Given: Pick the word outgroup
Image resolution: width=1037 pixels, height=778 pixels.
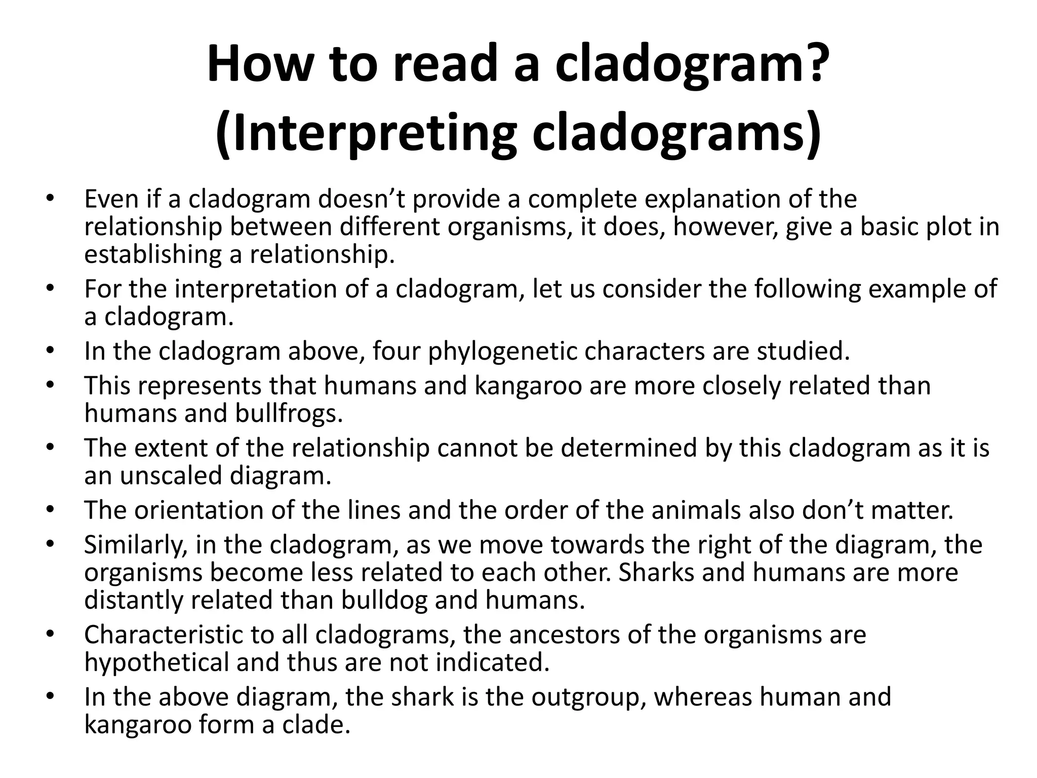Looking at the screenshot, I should (588, 697).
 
